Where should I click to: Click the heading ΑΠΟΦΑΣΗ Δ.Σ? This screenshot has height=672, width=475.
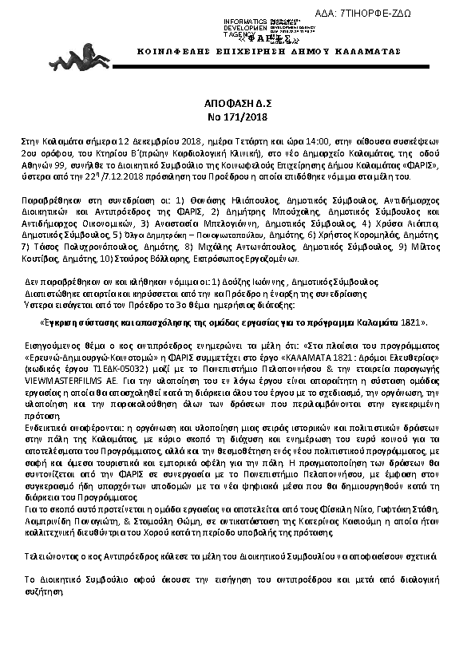pos(237,104)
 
